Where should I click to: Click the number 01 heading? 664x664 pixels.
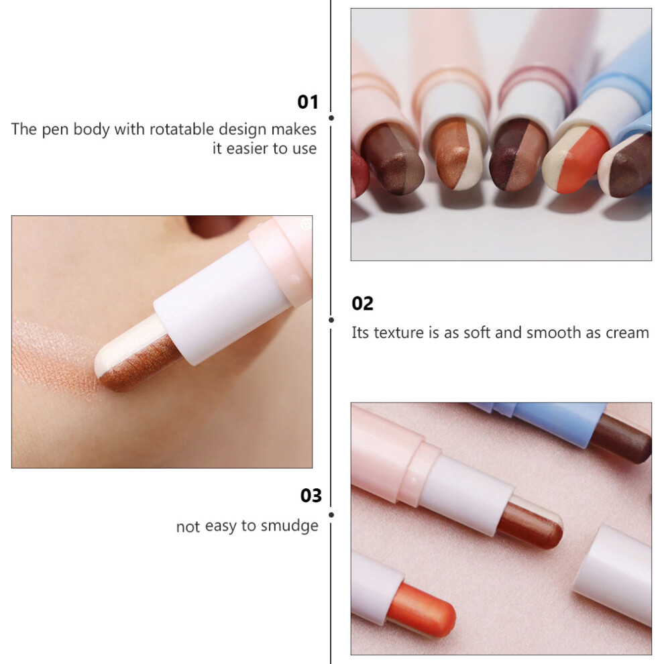click(x=307, y=102)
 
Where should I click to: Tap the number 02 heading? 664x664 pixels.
click(x=362, y=304)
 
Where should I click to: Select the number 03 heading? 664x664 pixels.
click(x=311, y=496)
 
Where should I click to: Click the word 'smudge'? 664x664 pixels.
click(x=289, y=526)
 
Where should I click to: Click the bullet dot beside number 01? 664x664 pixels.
click(x=331, y=118)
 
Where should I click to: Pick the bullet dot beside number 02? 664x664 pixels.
click(x=331, y=320)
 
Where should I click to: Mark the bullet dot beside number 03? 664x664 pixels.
click(x=331, y=515)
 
